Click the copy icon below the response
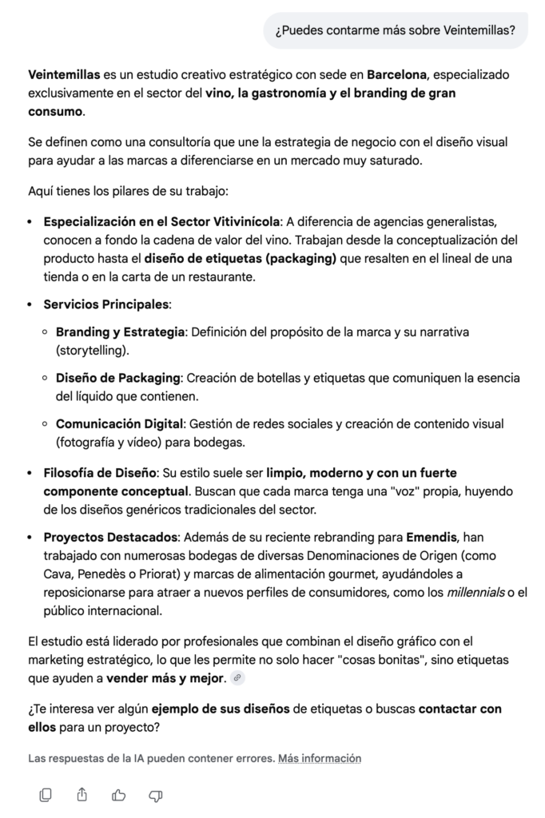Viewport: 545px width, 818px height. [46, 794]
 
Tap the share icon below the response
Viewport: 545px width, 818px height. [82, 794]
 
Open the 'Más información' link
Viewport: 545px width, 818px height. [320, 758]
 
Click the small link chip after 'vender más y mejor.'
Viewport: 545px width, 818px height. [237, 678]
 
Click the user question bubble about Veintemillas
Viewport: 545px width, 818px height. [396, 31]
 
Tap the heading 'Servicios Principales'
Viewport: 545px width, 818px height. [105, 304]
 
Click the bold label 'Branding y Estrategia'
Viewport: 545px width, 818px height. [120, 331]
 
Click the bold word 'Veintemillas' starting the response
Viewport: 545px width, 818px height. [64, 75]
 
